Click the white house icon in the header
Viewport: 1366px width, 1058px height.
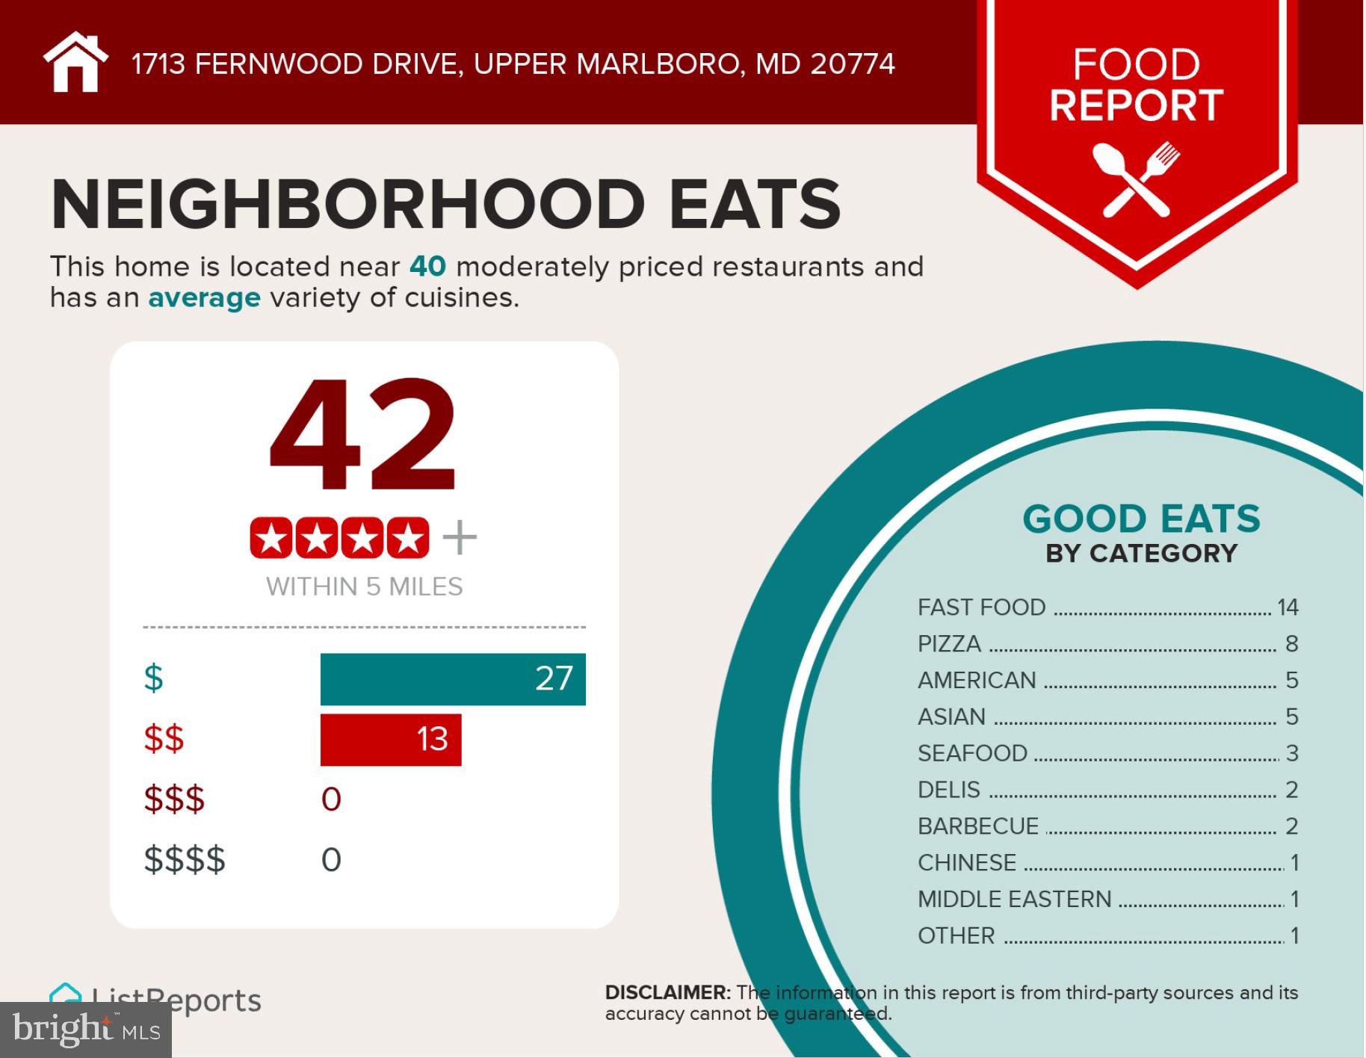click(x=75, y=63)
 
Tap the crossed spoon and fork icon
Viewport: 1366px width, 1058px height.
click(x=1136, y=179)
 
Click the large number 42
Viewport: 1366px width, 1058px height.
click(x=362, y=435)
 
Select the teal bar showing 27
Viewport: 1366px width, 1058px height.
click(x=452, y=679)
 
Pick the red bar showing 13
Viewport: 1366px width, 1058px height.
click(x=390, y=740)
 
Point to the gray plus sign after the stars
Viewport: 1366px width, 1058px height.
click(x=460, y=537)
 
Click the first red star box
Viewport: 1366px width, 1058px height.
click(x=271, y=537)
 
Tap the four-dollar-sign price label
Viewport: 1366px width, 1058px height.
click(x=184, y=859)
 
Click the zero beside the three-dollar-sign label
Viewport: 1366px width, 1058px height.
click(x=331, y=799)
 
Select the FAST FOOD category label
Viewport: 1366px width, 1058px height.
click(x=981, y=607)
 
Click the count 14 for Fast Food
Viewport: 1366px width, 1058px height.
click(x=1288, y=607)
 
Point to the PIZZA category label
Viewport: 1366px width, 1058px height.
click(x=949, y=644)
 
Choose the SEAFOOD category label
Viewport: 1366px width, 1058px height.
click(x=972, y=753)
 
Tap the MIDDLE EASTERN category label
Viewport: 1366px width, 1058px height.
click(x=1014, y=899)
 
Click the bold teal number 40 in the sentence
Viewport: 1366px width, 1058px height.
click(x=427, y=267)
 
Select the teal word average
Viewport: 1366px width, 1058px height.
click(x=204, y=297)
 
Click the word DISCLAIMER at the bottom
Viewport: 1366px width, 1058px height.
click(x=667, y=992)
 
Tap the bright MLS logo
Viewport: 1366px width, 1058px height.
click(x=86, y=1030)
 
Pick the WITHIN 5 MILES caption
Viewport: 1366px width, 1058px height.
click(x=364, y=587)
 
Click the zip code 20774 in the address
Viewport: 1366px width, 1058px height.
click(x=852, y=64)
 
